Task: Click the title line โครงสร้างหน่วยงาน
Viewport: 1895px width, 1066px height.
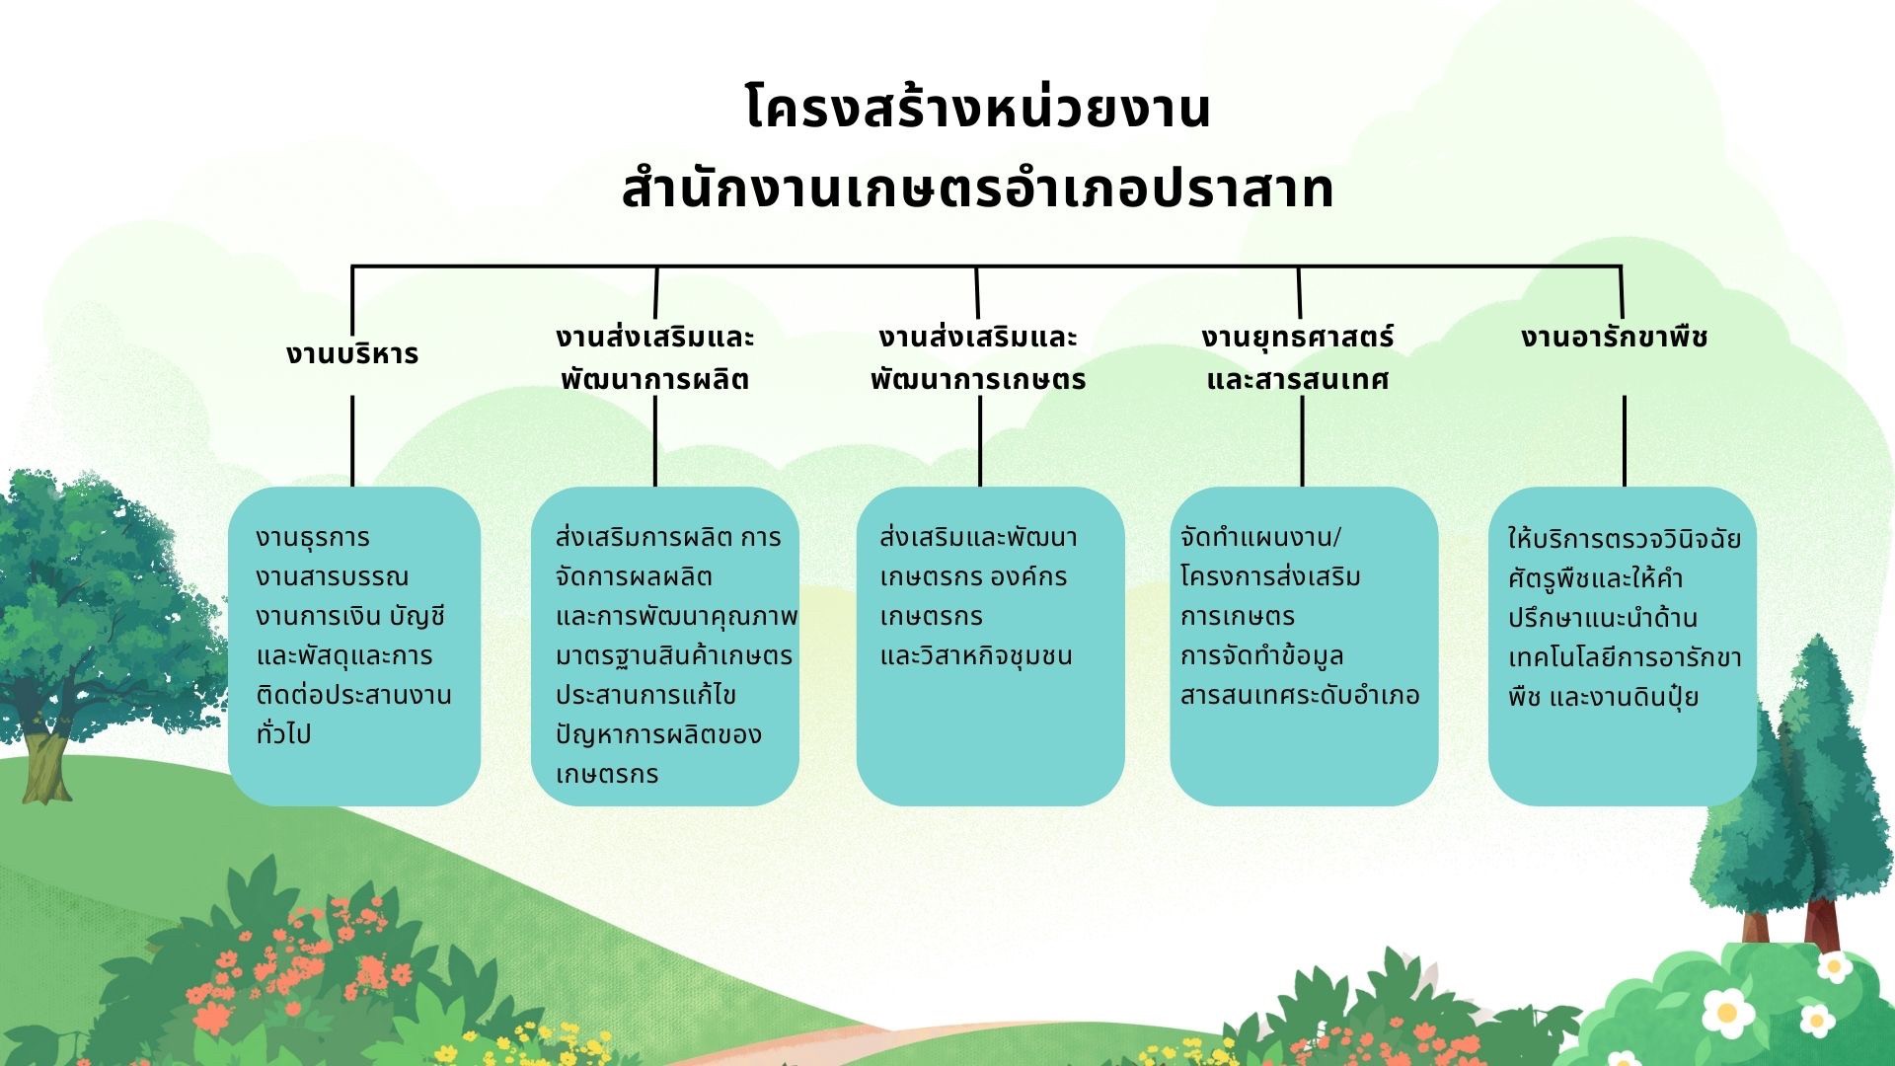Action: click(x=977, y=109)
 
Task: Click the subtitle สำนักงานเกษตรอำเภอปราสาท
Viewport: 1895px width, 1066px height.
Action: click(x=977, y=190)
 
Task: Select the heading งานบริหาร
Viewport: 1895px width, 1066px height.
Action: click(x=352, y=354)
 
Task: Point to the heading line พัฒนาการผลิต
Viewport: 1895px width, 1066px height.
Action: click(x=654, y=380)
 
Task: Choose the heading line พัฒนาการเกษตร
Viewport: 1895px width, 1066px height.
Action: click(x=978, y=380)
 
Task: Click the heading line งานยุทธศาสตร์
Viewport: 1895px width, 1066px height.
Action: click(x=1298, y=338)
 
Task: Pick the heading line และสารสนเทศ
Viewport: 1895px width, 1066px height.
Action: click(x=1298, y=380)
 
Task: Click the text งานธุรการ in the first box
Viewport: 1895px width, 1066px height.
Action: click(x=313, y=538)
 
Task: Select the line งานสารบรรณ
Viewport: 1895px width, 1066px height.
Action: click(x=332, y=577)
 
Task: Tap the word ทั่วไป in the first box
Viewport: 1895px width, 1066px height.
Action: click(x=283, y=733)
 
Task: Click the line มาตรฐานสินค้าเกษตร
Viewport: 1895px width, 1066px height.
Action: click(x=674, y=655)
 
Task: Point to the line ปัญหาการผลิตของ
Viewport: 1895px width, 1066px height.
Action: click(x=658, y=734)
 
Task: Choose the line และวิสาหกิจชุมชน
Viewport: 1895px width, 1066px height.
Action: click(x=976, y=655)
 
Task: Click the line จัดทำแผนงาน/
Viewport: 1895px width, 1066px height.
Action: click(x=1261, y=538)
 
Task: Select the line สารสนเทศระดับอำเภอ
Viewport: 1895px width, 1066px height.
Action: click(x=1300, y=696)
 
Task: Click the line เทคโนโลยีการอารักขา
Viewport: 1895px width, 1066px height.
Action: click(x=1625, y=657)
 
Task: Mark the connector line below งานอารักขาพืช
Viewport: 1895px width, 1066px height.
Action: click(x=1625, y=441)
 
